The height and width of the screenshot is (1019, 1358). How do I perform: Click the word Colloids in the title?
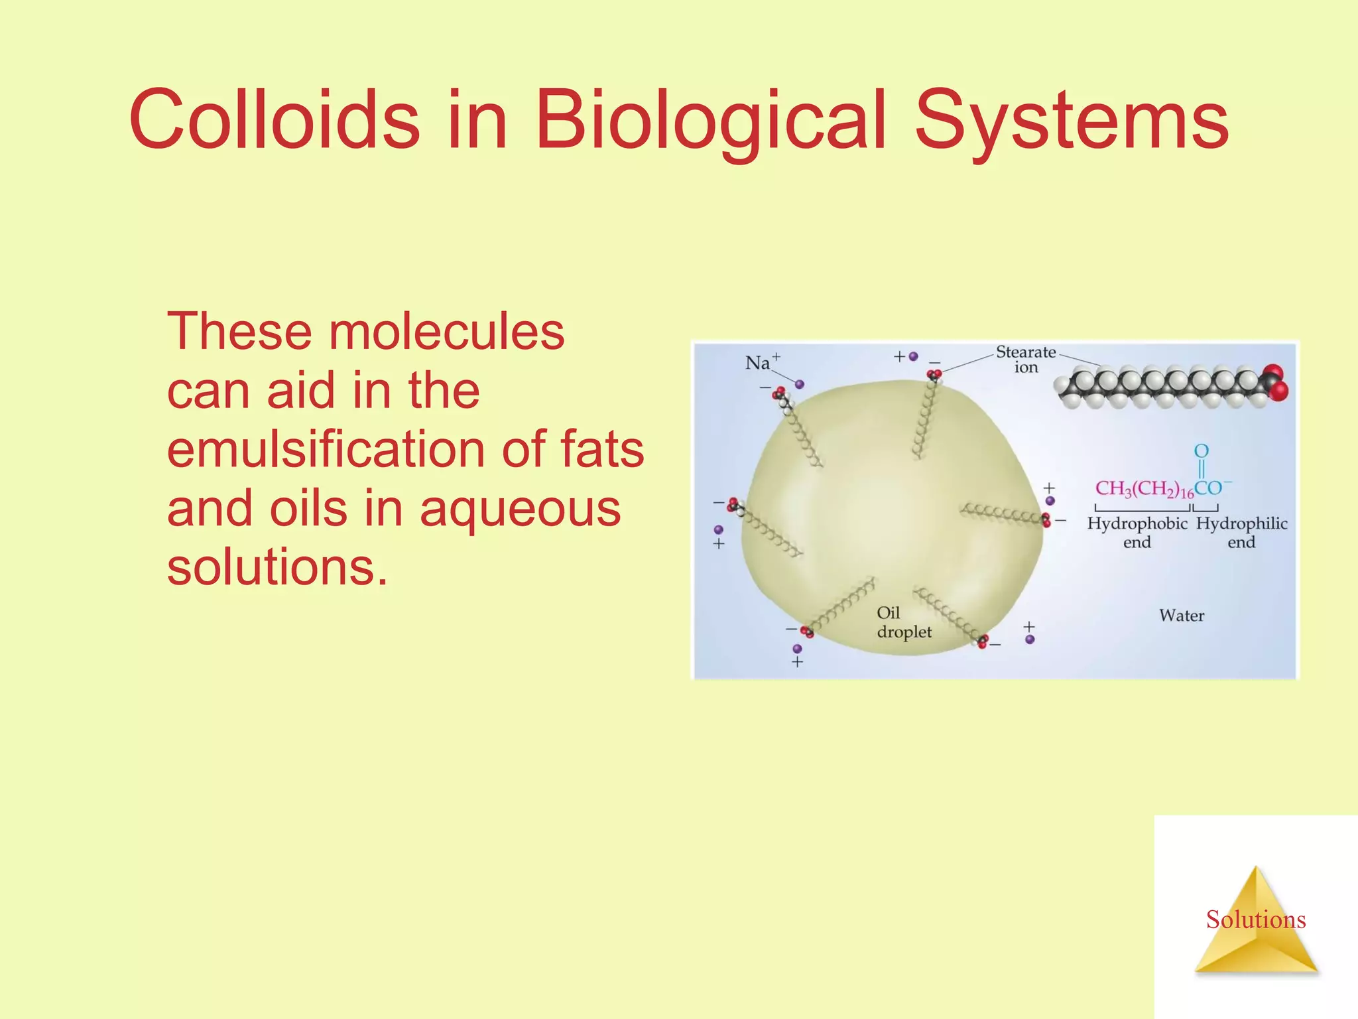[274, 119]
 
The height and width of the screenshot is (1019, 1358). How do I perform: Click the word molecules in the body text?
[446, 331]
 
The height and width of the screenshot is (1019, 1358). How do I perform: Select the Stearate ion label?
[1026, 359]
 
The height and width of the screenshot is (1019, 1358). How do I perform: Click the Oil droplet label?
[903, 622]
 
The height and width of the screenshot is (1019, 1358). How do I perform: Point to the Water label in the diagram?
[1182, 616]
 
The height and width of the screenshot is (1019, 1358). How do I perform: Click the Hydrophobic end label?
[1137, 532]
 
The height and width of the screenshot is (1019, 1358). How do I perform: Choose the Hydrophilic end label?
[1241, 532]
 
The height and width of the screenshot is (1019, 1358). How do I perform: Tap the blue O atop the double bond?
[1201, 451]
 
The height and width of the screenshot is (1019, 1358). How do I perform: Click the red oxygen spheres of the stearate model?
[1275, 382]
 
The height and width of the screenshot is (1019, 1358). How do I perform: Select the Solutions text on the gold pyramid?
[1255, 919]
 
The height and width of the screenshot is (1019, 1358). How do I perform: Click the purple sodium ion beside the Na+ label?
[799, 384]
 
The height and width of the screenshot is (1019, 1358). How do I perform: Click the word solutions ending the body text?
[277, 568]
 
